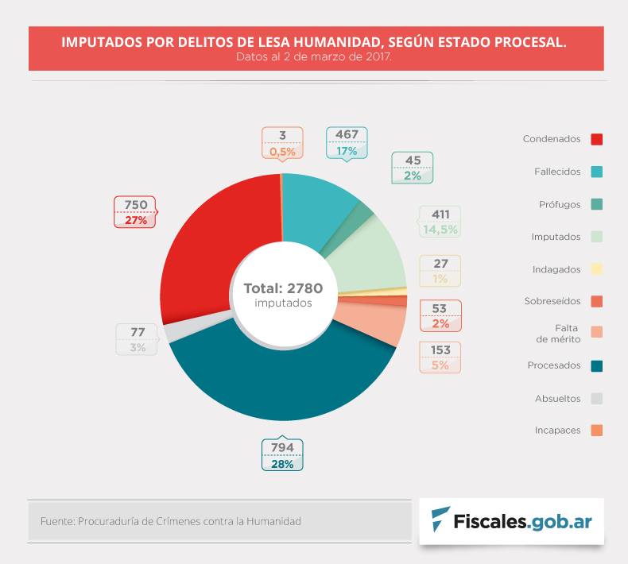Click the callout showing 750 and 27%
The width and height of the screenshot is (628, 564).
135,212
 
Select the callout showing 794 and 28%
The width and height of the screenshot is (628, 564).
282,455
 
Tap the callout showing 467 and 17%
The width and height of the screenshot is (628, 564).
347,142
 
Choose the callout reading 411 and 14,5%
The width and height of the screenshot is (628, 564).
440,222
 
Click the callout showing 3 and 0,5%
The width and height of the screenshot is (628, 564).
282,142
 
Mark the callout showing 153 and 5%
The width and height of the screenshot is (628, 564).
440,357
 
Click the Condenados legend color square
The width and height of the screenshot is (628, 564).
596,139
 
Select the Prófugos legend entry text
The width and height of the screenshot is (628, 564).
560,204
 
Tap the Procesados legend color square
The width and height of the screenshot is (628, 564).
596,366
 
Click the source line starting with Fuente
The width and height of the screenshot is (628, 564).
170,521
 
